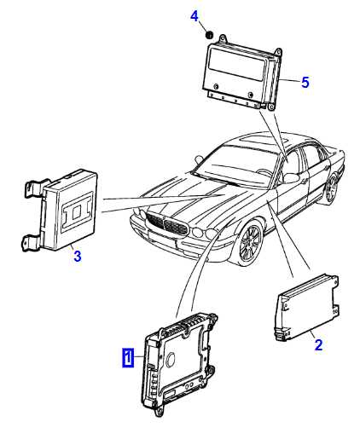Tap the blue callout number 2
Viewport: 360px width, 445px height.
point(318,344)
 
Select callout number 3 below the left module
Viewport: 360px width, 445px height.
point(78,256)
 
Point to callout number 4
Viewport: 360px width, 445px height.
point(195,16)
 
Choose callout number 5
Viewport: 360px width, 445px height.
point(305,83)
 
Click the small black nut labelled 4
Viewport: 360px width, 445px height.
point(209,35)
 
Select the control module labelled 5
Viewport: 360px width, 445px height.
point(242,72)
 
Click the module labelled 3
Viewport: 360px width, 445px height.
point(61,211)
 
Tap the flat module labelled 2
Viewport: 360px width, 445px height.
point(306,307)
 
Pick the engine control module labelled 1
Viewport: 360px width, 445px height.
point(179,364)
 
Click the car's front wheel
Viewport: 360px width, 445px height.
point(250,243)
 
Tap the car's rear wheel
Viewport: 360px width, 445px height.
point(332,188)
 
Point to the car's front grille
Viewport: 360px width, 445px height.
point(167,223)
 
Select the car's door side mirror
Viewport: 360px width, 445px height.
point(291,178)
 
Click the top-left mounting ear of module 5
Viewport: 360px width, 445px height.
point(223,38)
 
